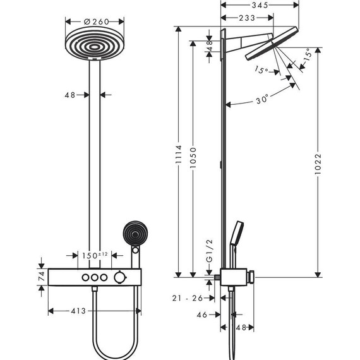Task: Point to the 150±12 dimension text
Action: tap(95, 255)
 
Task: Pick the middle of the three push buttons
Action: tap(95, 279)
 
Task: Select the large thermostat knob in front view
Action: tap(119, 279)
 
